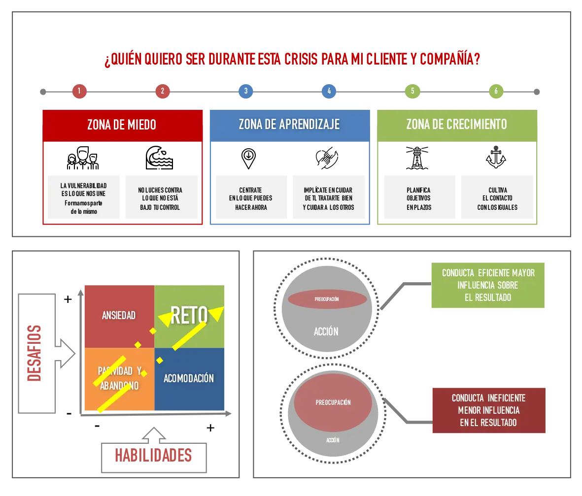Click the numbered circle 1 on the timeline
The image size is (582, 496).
coord(79,91)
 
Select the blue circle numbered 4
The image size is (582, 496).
coord(329,91)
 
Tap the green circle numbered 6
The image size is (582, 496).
coord(496,91)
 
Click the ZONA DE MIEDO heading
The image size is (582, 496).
coord(122,125)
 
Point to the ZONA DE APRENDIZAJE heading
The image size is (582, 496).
coord(289,125)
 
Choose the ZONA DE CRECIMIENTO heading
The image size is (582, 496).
coord(456,125)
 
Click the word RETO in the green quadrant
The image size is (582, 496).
coord(189,316)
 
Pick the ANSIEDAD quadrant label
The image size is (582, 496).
coord(119,315)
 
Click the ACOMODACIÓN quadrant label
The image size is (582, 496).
coord(189,378)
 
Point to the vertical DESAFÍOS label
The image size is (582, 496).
coord(34,353)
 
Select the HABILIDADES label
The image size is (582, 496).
coord(153,455)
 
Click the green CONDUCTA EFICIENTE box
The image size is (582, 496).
coord(488,285)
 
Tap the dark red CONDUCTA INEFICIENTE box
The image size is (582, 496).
coord(488,410)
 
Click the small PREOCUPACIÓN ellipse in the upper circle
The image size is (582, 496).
coord(327,299)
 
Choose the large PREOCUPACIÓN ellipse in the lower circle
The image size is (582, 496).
coord(333,402)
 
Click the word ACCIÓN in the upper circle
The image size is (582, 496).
coord(326,331)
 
